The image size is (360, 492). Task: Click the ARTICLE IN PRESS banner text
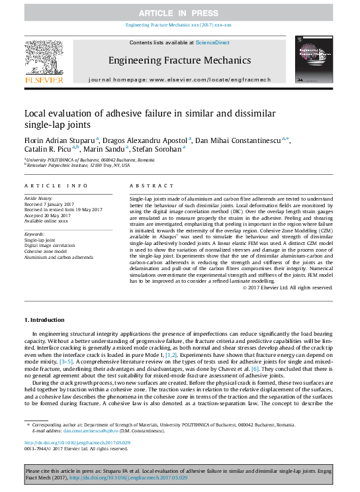pyautogui.click(x=179, y=13)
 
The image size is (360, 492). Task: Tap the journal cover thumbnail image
pyautogui.click(x=315, y=61)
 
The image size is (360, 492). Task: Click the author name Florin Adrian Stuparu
pyautogui.click(x=60, y=140)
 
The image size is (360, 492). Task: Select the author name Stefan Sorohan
pyautogui.click(x=161, y=149)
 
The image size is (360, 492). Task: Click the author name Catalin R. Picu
pyautogui.click(x=49, y=149)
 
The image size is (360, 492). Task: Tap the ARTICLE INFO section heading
pyautogui.click(x=56, y=187)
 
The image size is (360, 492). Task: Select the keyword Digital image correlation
pyautogui.click(x=51, y=246)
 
